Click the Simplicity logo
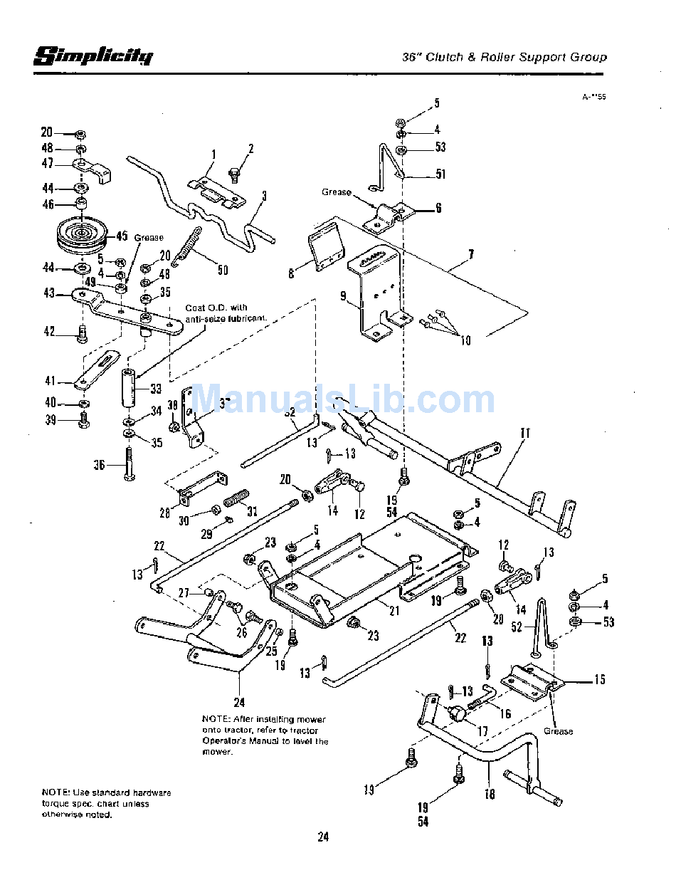[93, 56]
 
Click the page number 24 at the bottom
[323, 837]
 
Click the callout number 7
[471, 253]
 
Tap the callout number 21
[394, 610]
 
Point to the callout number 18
[490, 794]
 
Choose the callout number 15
[600, 680]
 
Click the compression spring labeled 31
[236, 496]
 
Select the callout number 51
[440, 174]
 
